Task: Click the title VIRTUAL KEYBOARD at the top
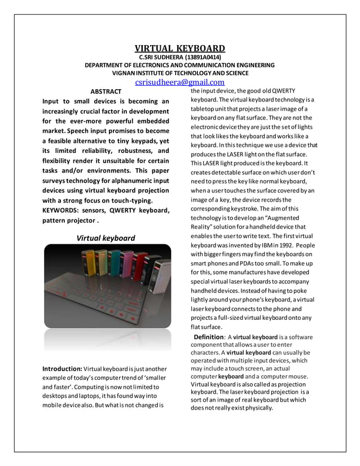pos(179,48)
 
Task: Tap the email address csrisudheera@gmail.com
pos(179,82)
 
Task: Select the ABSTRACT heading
pos(106,91)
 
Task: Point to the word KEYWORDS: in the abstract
pos(62,210)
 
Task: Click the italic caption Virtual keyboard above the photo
pos(106,238)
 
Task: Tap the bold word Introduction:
pos(63,368)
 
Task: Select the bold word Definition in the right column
pos(208,337)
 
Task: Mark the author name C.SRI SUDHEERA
pos(160,57)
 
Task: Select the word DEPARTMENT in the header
pos(108,65)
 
